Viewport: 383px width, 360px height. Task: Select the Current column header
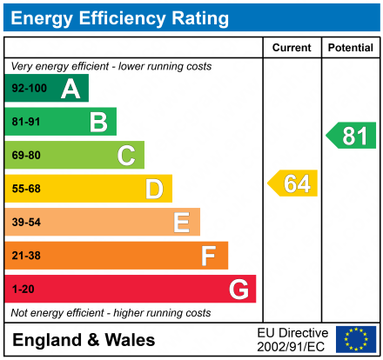click(292, 48)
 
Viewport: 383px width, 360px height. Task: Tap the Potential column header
click(350, 48)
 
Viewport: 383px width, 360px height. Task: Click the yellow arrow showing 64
click(293, 183)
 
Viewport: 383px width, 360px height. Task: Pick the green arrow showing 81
click(352, 135)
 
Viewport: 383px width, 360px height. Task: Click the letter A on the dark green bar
click(71, 88)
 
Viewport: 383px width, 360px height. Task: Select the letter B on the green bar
click(98, 122)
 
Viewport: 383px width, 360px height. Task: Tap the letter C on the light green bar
click(126, 156)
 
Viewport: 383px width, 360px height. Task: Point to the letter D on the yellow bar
click(154, 189)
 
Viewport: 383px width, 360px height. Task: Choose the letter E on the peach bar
click(181, 223)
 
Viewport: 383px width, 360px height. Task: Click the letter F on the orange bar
click(209, 256)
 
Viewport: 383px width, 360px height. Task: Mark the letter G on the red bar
click(238, 290)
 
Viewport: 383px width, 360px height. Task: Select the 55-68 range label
click(26, 189)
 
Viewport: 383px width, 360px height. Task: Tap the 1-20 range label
click(23, 290)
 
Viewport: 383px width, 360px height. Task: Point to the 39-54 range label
click(26, 223)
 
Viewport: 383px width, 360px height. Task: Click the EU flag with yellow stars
click(356, 339)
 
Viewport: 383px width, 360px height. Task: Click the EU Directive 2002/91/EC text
click(293, 339)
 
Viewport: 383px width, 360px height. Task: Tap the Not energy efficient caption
click(111, 313)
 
